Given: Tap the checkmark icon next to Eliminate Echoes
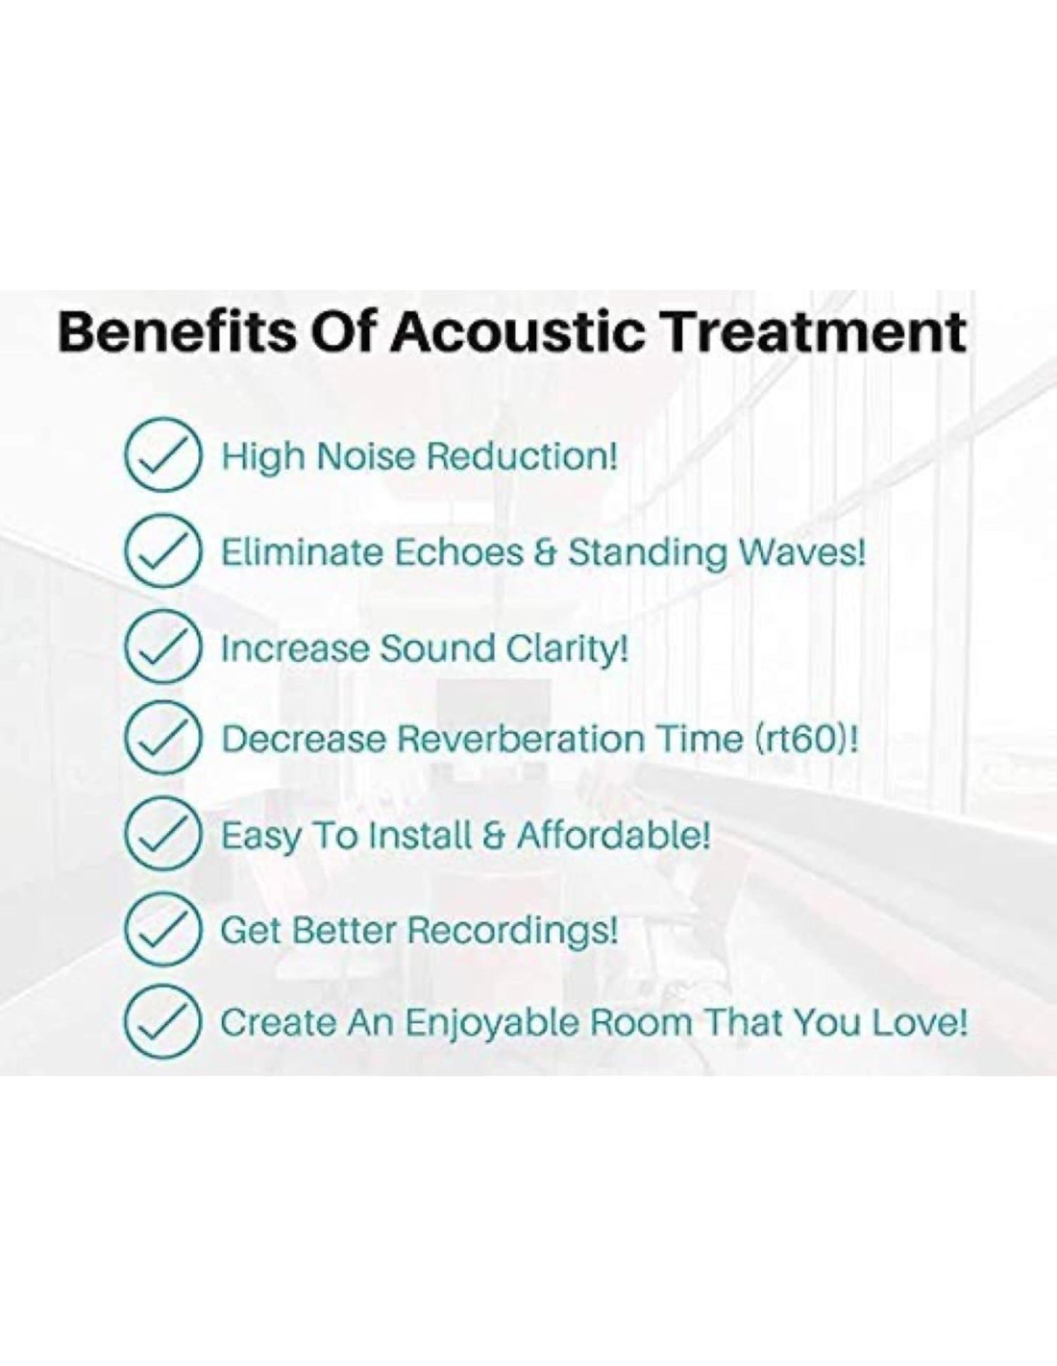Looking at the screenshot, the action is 163,551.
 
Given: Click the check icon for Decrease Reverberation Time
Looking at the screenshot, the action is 163,740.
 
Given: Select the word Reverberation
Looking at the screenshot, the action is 521,739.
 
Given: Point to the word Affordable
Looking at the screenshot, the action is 614,834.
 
